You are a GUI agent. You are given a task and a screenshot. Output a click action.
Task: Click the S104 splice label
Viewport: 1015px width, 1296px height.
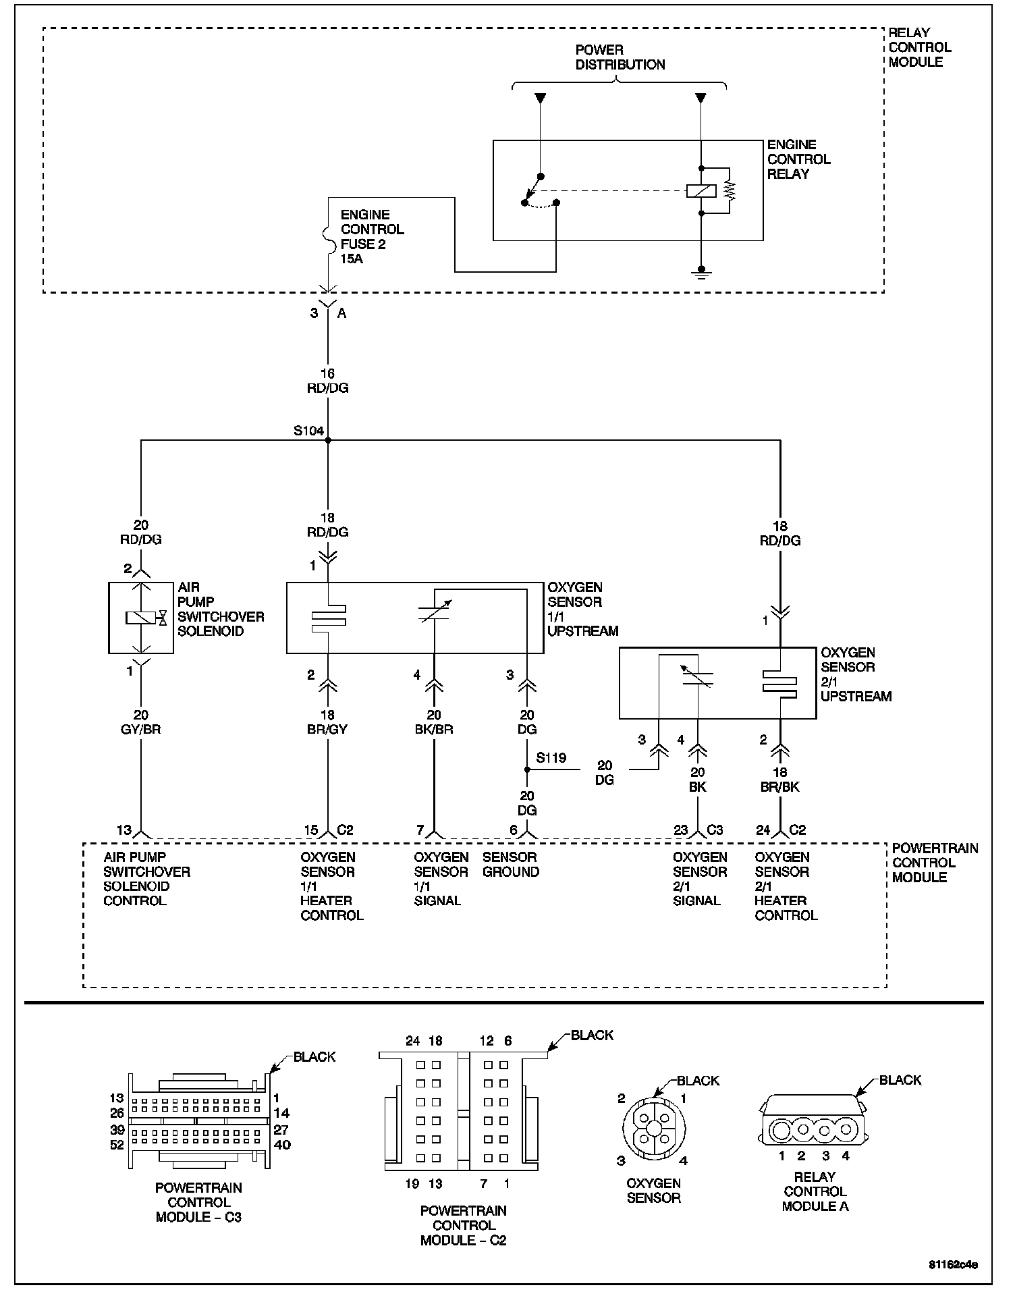308,431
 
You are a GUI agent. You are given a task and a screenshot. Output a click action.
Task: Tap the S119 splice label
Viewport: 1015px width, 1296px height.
551,758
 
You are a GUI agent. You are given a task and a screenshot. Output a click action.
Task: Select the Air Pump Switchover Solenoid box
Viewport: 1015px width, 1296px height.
141,618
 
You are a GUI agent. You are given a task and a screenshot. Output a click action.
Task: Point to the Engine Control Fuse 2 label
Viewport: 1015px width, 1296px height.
372,236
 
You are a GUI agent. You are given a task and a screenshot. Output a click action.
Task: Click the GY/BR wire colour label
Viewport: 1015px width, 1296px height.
141,730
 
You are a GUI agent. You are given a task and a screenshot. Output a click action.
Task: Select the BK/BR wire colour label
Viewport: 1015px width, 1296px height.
434,730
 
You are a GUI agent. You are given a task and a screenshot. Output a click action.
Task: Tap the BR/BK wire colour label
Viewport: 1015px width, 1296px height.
780,787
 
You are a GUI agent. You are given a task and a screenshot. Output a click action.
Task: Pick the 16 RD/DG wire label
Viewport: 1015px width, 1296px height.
328,381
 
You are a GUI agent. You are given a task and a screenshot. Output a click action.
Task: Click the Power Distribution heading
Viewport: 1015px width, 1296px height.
620,57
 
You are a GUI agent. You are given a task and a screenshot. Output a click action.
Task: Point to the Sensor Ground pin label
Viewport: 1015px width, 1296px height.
510,865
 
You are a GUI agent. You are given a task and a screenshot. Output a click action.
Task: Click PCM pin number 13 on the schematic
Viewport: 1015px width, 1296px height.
124,830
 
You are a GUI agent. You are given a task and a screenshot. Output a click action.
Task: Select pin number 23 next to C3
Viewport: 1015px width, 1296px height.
680,830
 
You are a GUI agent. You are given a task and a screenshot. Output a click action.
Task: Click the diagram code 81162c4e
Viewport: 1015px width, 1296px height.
953,1264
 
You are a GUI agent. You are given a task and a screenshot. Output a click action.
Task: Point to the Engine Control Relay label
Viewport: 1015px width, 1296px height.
798,159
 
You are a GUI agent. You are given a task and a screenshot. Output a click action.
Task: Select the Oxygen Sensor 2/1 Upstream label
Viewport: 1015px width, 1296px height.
856,674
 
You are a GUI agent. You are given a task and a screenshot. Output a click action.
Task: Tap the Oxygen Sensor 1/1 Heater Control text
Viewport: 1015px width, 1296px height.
331,886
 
